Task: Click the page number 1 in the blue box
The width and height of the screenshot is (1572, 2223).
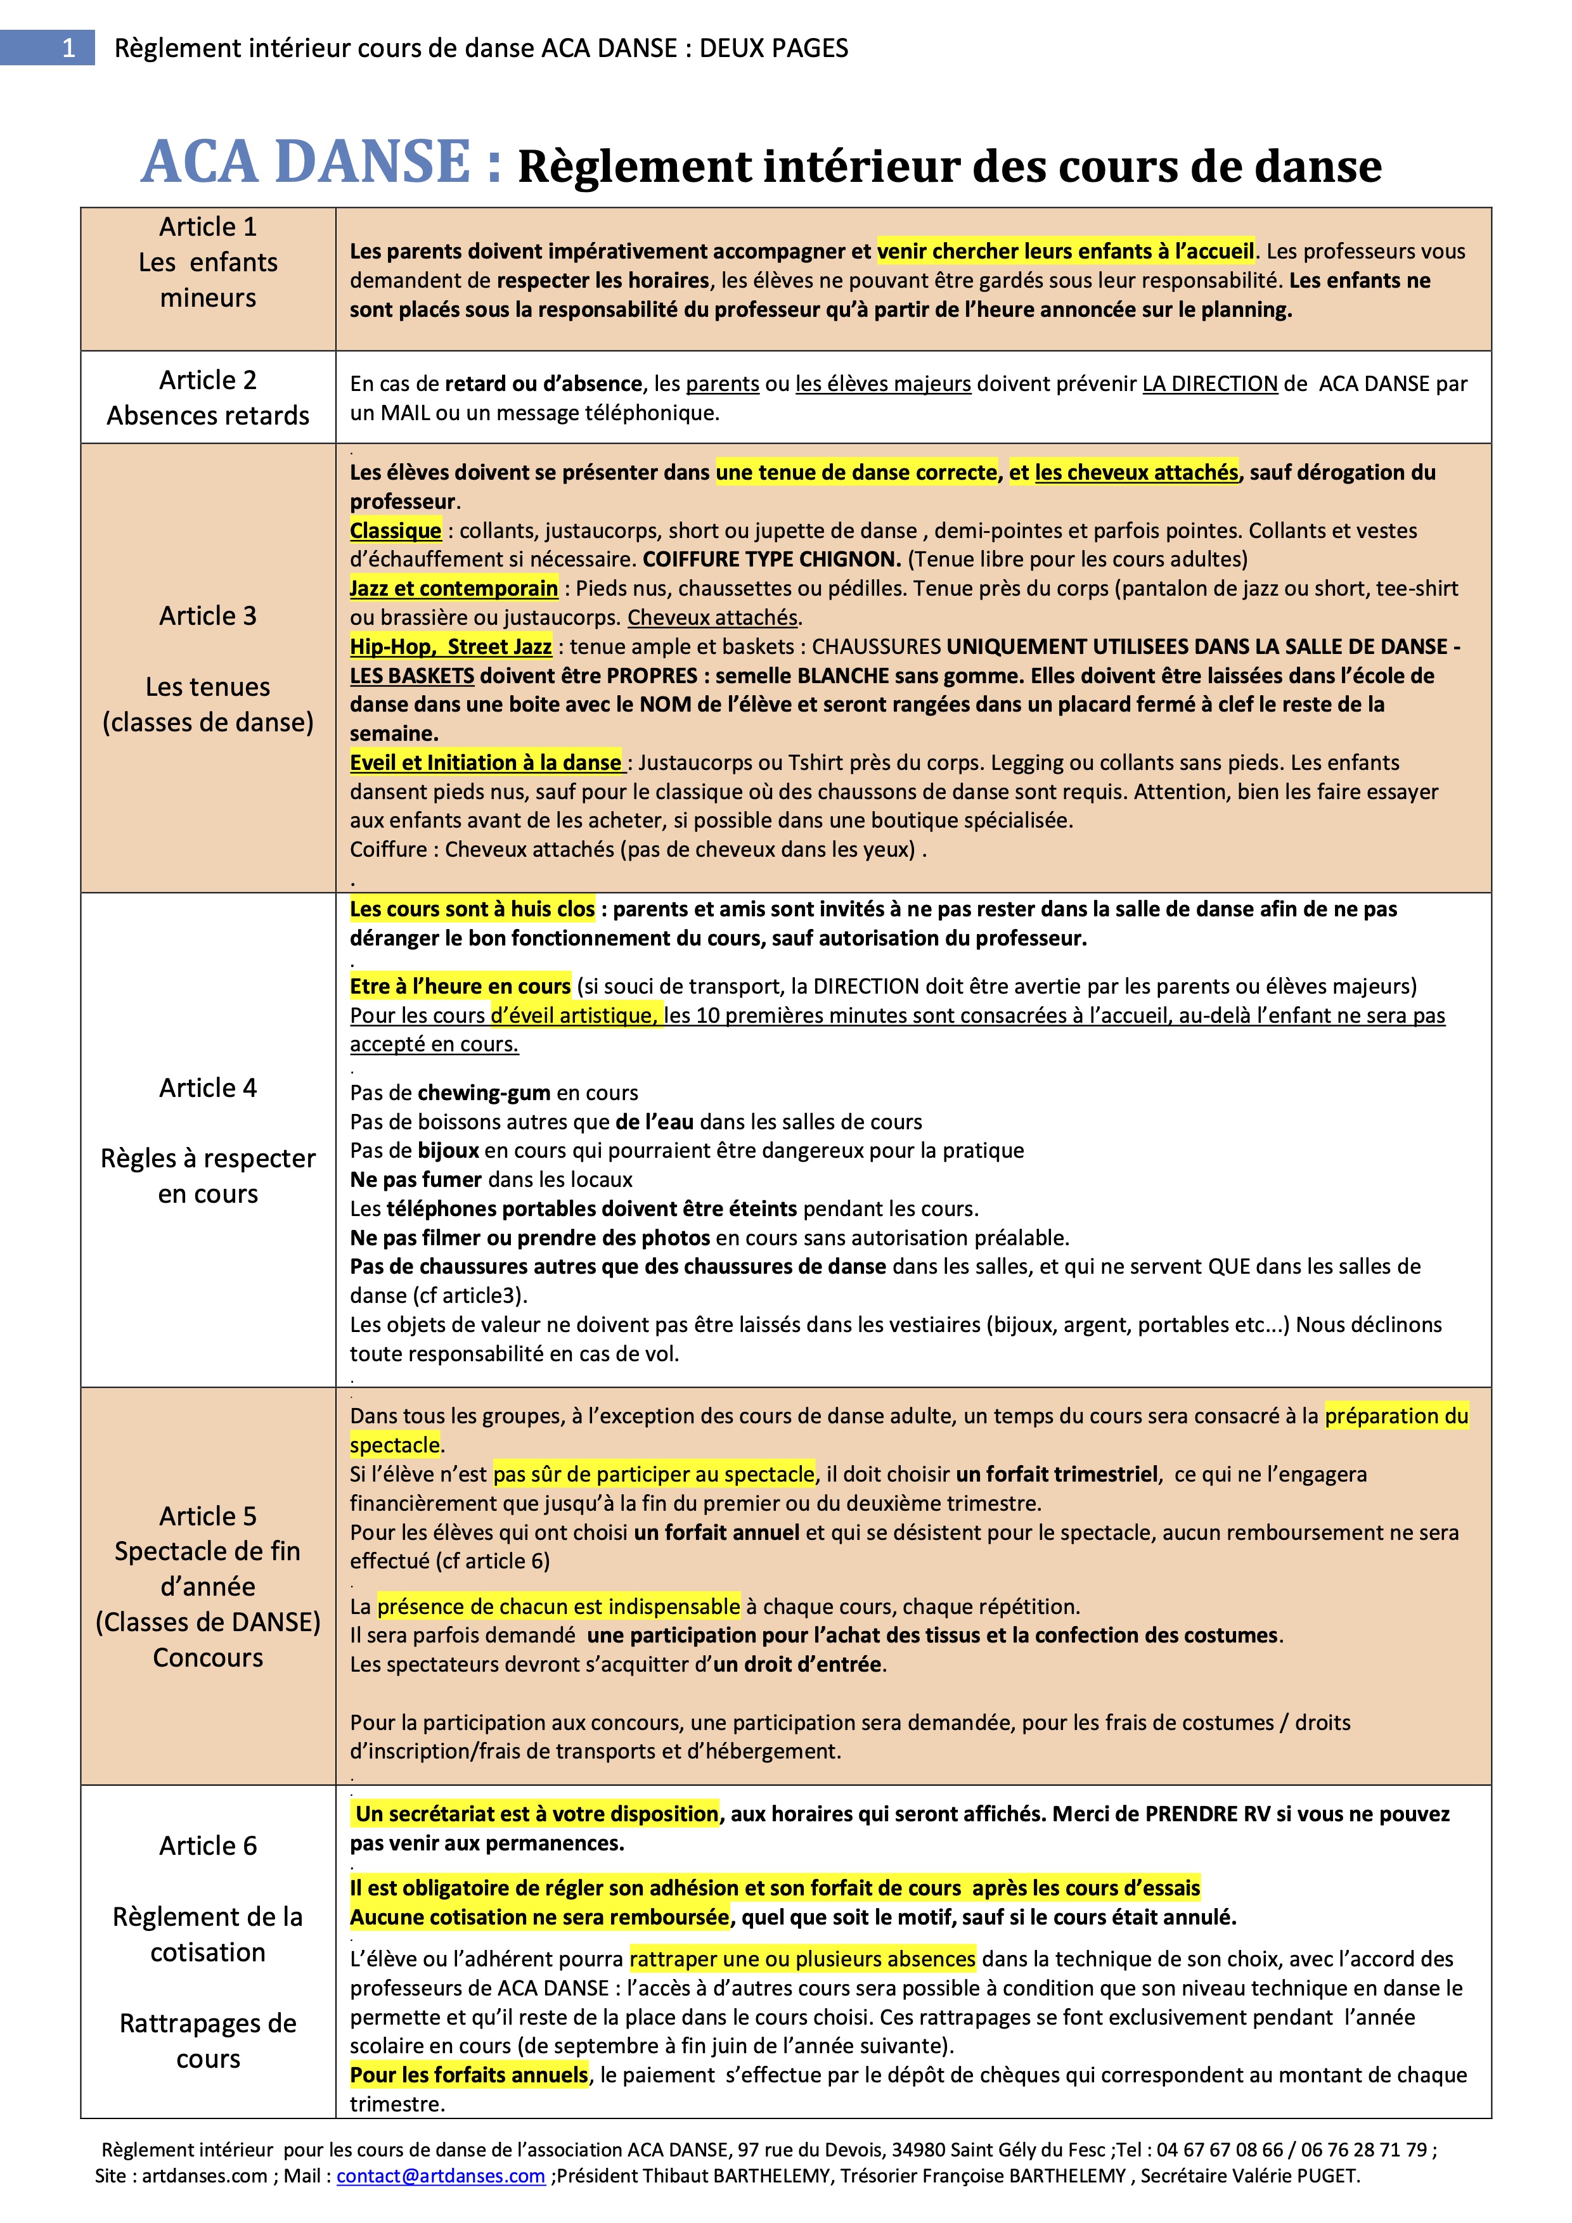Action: [68, 48]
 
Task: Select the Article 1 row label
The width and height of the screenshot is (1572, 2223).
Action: [209, 227]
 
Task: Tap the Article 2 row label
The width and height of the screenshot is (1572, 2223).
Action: [209, 380]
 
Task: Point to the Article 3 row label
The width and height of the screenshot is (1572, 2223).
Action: [209, 616]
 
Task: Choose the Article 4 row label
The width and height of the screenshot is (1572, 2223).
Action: [209, 1087]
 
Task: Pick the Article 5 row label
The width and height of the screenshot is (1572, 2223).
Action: [209, 1515]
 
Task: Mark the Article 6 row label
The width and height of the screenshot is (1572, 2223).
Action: [209, 1845]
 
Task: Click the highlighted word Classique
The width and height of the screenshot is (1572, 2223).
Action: [395, 530]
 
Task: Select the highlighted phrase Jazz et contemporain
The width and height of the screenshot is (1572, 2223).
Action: [453, 589]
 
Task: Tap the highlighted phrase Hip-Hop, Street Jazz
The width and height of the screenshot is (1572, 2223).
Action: [451, 647]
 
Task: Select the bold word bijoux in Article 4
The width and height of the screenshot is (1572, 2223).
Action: [448, 1150]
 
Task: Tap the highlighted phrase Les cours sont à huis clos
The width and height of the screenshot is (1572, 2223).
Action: [472, 909]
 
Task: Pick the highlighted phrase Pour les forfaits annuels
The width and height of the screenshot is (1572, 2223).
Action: [469, 2075]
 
